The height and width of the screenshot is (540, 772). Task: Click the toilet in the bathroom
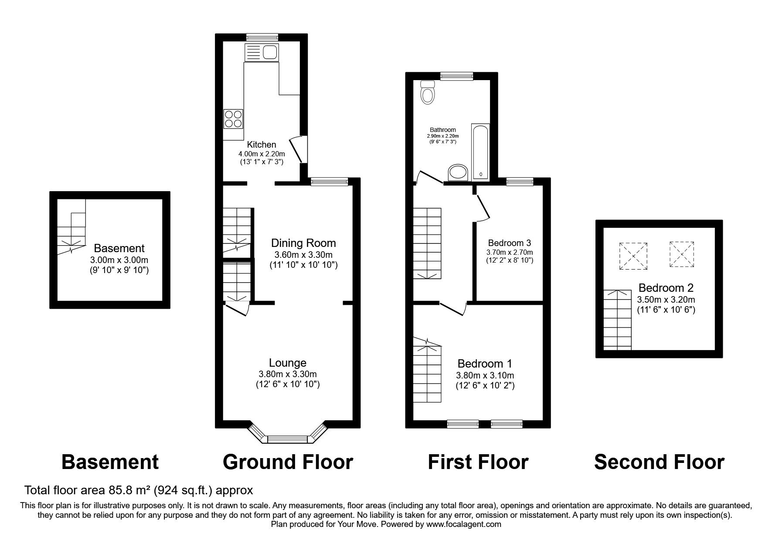427,93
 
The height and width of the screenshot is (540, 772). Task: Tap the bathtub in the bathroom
480,152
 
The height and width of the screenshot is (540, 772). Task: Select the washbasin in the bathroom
458,172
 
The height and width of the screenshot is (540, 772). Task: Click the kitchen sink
262,53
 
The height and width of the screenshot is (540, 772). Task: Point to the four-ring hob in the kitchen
233,118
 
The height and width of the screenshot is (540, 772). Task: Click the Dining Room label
303,243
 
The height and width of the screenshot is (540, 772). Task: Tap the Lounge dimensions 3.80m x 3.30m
288,374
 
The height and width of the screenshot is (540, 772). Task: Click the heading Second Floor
659,462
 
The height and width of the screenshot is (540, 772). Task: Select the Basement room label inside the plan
119,248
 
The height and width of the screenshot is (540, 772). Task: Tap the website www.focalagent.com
463,524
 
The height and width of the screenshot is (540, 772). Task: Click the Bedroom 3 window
520,182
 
